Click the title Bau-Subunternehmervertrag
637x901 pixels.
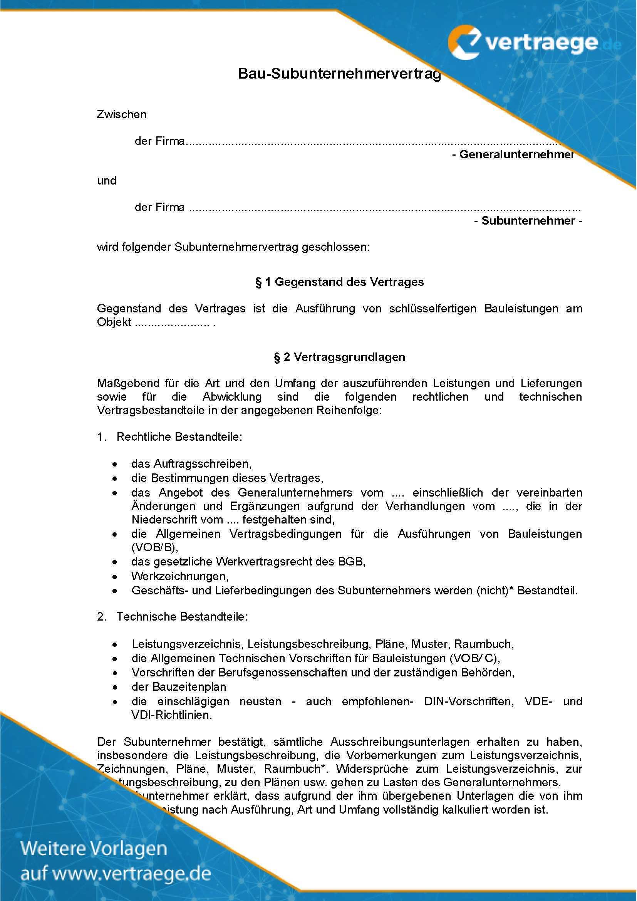click(x=339, y=74)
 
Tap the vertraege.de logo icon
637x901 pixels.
click(x=465, y=42)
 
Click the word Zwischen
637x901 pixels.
click(x=122, y=114)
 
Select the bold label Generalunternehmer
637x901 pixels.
click(x=516, y=154)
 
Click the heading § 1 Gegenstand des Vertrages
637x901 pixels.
click(x=339, y=282)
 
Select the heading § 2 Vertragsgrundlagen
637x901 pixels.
click(x=339, y=357)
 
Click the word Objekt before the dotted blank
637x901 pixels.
click(x=114, y=322)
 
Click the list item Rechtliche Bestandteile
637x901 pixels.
click(x=179, y=437)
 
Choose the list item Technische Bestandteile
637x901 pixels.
click(x=182, y=616)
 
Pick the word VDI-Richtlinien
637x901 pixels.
click(x=172, y=715)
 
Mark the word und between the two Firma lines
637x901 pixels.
click(x=107, y=181)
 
